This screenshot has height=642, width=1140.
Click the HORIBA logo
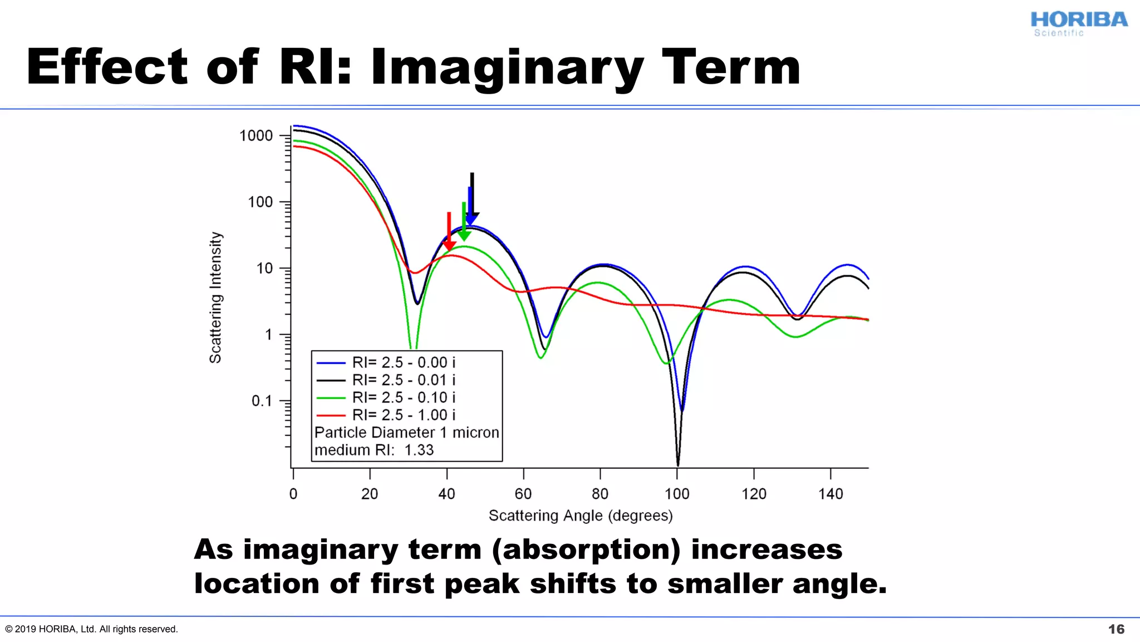tap(1078, 23)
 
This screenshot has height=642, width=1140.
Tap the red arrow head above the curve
tap(449, 246)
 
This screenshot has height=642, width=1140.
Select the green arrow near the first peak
tap(464, 223)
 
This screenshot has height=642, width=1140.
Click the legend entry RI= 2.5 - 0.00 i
tap(404, 363)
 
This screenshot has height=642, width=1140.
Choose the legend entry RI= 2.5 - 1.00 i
tap(404, 415)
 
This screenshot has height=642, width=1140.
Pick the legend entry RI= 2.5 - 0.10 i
tap(404, 398)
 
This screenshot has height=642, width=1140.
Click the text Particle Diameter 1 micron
tap(406, 433)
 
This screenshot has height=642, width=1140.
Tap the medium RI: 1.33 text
tap(374, 450)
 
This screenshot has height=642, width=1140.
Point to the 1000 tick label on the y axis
tap(256, 136)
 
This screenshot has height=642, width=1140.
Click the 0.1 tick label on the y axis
tap(262, 401)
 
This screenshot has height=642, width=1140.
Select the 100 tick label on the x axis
tap(677, 494)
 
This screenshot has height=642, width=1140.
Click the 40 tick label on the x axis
tap(446, 494)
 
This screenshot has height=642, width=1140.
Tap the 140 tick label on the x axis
tap(831, 494)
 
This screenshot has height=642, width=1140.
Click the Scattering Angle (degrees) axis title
tap(581, 516)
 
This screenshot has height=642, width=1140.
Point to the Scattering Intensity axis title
tap(216, 298)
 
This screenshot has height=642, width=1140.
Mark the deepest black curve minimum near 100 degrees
tap(677, 463)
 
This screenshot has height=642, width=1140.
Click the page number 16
tap(1116, 629)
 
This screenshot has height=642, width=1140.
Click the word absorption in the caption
tap(586, 550)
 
